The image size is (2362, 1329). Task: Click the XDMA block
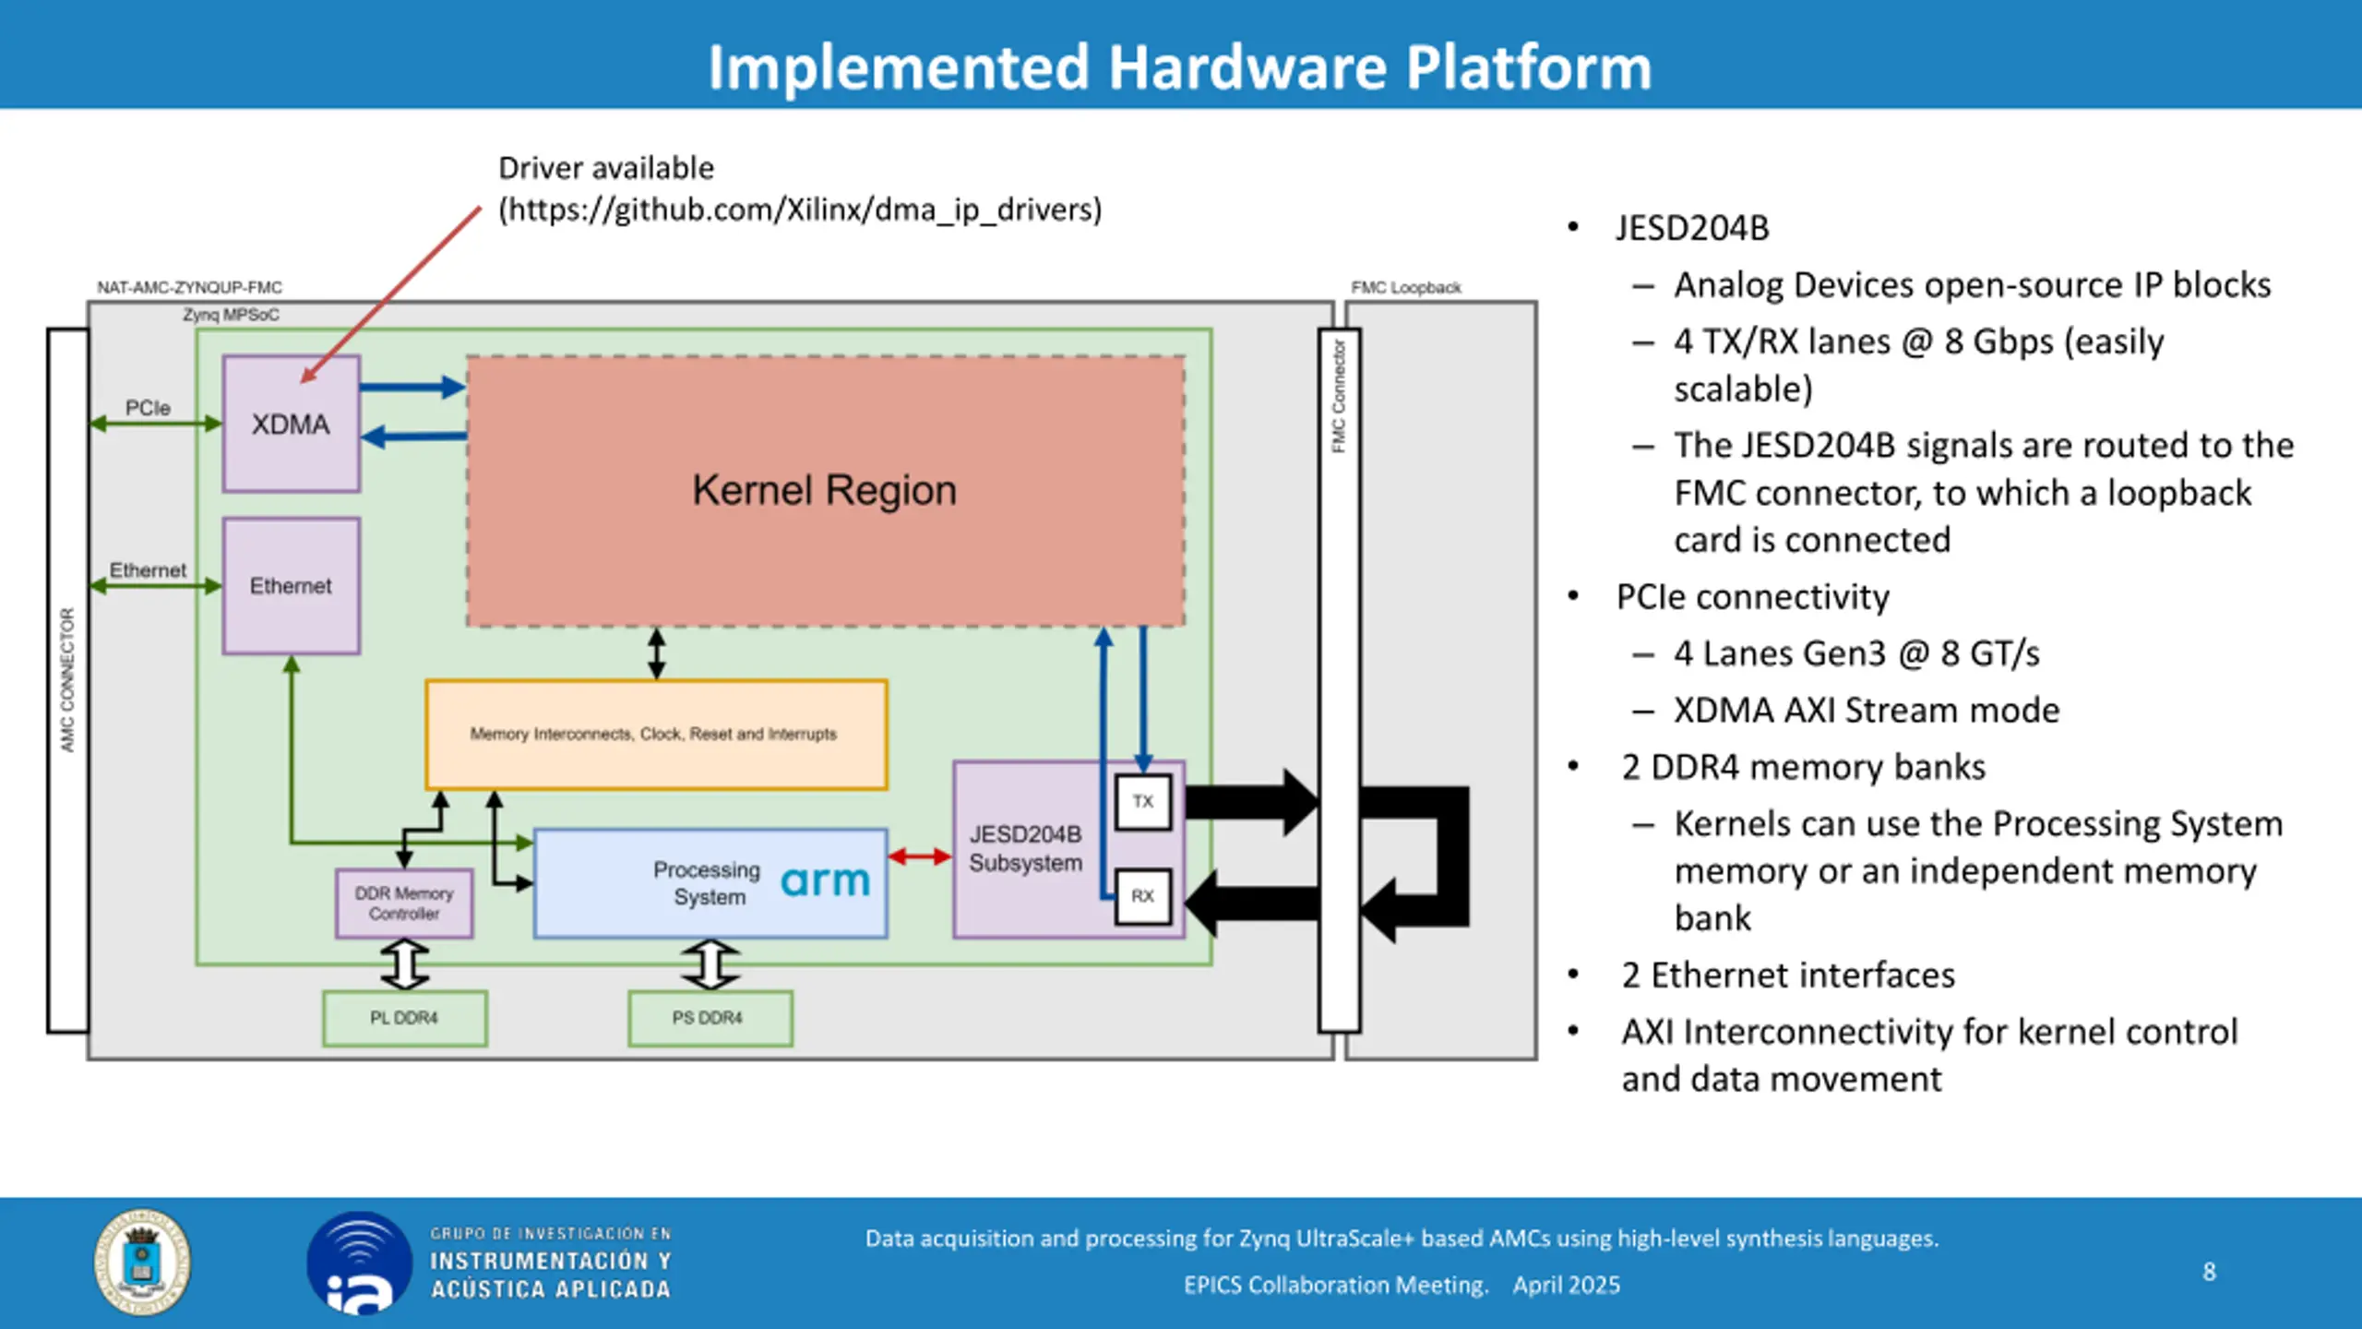(x=292, y=424)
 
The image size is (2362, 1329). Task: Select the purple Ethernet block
(x=292, y=586)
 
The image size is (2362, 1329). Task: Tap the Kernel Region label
(x=825, y=490)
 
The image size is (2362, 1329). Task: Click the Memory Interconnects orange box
(x=656, y=735)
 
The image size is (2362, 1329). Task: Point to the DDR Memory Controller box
(x=404, y=904)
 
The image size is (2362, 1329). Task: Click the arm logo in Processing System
(x=826, y=881)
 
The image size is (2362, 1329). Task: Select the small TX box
(x=1143, y=802)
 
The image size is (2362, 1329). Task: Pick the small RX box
(x=1143, y=896)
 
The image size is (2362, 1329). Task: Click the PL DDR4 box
(x=405, y=1018)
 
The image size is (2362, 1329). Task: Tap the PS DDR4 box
(x=710, y=1018)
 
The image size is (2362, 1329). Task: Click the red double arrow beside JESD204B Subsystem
(x=920, y=857)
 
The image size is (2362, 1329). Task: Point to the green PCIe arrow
(x=156, y=424)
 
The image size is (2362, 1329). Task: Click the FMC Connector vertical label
(x=1339, y=396)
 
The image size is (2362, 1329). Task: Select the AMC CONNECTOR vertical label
(x=67, y=679)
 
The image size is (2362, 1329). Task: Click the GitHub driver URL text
(x=801, y=210)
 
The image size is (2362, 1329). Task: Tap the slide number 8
(x=2210, y=1272)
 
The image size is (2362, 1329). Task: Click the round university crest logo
(x=142, y=1263)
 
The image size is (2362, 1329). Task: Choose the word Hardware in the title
(x=1247, y=67)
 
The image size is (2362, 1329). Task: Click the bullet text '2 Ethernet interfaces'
(x=1788, y=975)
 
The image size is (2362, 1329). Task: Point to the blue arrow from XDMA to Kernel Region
(x=412, y=387)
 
